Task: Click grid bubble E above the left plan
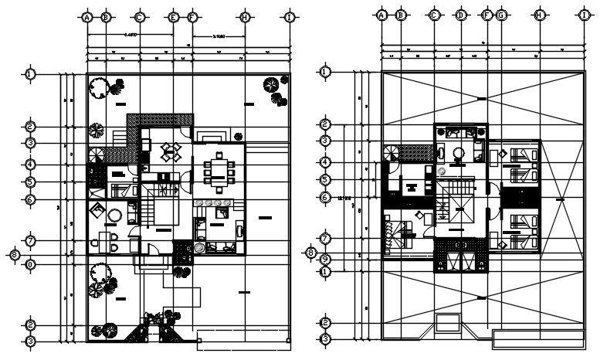pos(173,16)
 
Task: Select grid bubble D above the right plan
pos(461,15)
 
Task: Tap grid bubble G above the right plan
pos(501,15)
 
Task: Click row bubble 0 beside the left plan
pos(30,264)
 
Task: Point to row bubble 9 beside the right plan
pos(325,259)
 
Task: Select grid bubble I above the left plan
pos(290,16)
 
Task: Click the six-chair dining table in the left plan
pos(219,172)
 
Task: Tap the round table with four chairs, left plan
pos(170,151)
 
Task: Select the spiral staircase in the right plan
pos(391,154)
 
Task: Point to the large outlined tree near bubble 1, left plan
pos(98,88)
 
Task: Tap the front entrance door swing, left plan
pos(154,249)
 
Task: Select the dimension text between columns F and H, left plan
pos(219,36)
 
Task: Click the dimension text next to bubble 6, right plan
pos(345,198)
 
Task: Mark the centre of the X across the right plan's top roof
pos(481,98)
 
